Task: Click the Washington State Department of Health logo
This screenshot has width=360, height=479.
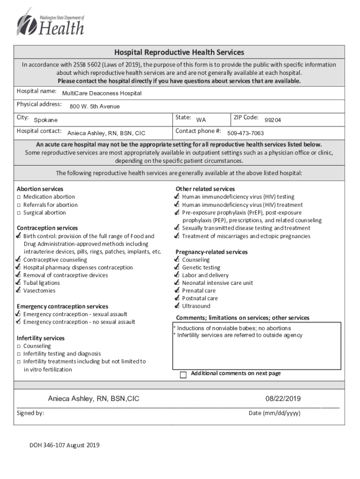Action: click(x=50, y=23)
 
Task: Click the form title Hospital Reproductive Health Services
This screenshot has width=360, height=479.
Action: click(x=179, y=52)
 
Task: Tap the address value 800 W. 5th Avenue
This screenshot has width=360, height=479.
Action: click(x=94, y=107)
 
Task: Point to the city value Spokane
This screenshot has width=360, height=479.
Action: click(x=46, y=120)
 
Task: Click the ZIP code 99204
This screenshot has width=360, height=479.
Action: click(x=273, y=120)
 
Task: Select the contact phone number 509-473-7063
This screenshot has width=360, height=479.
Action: click(x=245, y=133)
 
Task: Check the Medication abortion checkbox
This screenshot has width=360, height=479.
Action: click(x=19, y=197)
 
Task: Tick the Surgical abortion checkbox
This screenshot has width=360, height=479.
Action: click(x=19, y=213)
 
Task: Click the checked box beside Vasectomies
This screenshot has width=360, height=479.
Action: click(x=18, y=290)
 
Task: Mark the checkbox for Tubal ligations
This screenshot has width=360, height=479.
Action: click(x=18, y=283)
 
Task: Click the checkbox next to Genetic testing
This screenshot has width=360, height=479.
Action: click(x=177, y=268)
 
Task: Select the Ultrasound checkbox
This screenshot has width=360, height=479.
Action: click(x=177, y=306)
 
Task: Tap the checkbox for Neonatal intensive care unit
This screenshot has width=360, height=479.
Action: click(x=177, y=283)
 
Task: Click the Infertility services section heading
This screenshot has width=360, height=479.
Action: click(x=41, y=338)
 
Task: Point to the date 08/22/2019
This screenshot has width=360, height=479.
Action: click(x=283, y=399)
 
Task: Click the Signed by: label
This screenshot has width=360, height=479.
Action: click(x=30, y=413)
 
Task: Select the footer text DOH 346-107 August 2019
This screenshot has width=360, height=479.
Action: click(x=65, y=445)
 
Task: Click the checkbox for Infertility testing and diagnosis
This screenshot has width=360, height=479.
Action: click(x=19, y=354)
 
